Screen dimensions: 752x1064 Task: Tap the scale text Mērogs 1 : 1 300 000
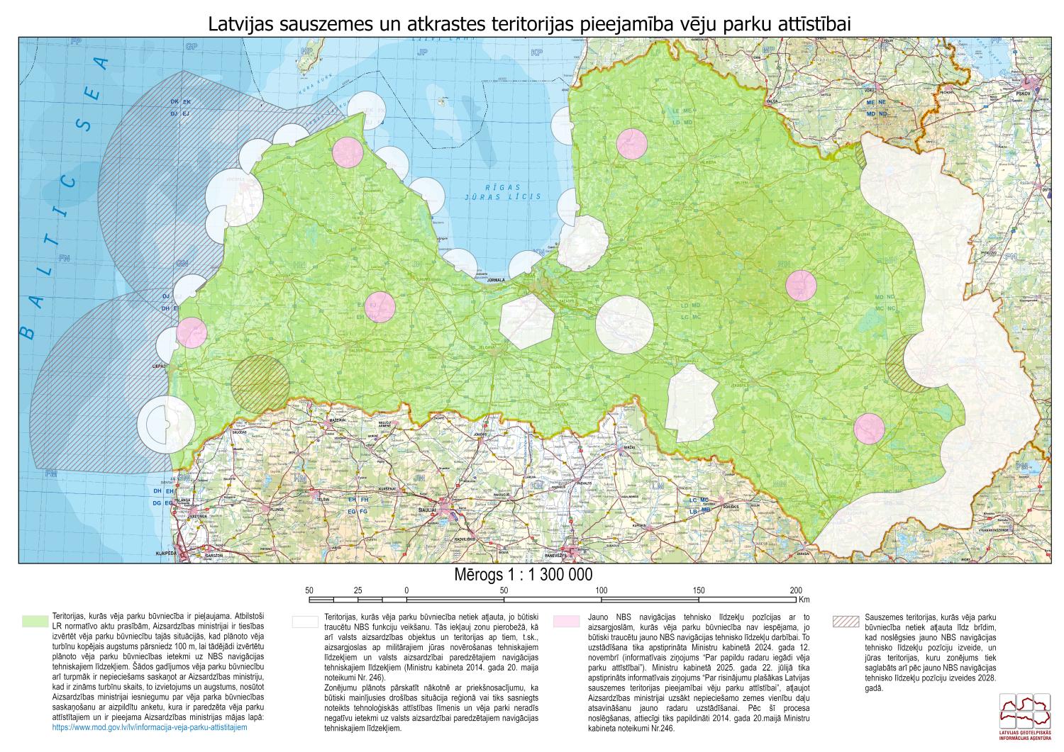tap(523, 574)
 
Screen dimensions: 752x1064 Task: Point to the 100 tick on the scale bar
tap(601, 590)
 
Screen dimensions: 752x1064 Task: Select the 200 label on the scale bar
tap(795, 590)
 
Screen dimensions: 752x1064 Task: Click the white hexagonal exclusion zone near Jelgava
tap(526, 321)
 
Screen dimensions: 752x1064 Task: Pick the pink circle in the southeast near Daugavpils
tap(869, 428)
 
